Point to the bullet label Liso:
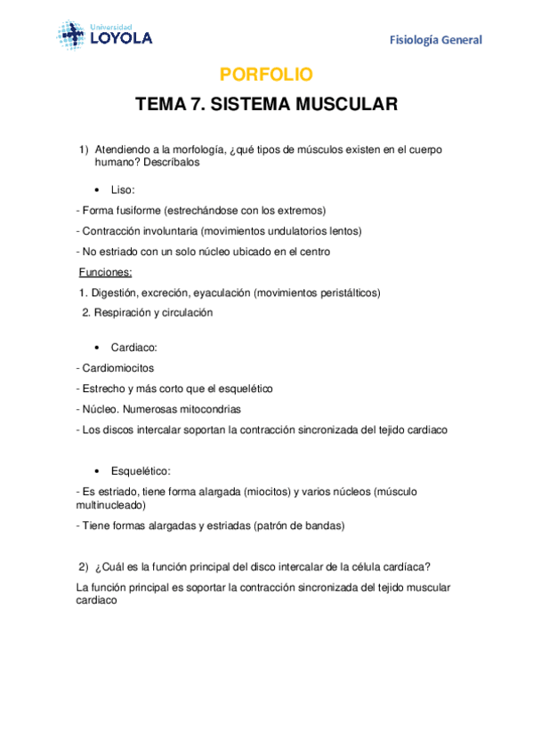coord(123,190)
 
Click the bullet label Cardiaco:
coord(134,347)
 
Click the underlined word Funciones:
coord(105,272)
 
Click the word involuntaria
coord(167,231)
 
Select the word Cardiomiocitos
coord(117,368)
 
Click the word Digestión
coord(114,293)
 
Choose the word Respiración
coord(125,312)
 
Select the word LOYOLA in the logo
coord(121,38)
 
